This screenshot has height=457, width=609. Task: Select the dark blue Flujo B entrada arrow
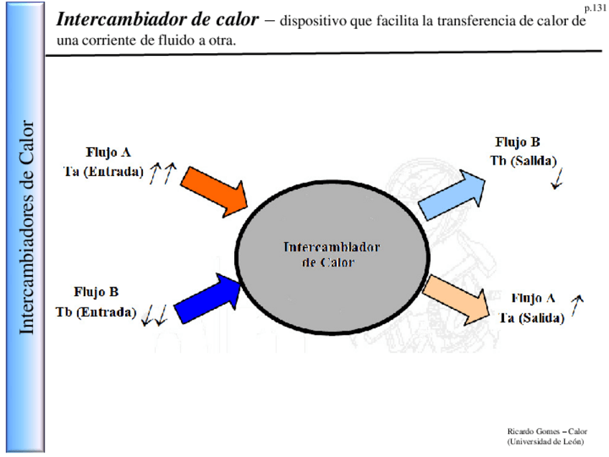tap(207, 294)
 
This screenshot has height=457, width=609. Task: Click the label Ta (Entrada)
tap(103, 172)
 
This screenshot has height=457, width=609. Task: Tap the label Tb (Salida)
tap(524, 161)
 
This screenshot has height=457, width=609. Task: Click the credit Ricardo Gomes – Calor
tap(546, 431)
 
